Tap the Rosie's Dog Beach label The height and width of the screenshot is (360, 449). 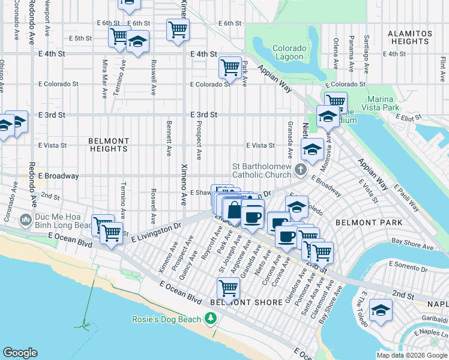tap(166, 319)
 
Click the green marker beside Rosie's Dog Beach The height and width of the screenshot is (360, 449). tap(210, 319)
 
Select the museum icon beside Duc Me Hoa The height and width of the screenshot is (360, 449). tap(25, 220)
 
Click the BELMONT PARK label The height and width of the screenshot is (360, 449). tap(360, 222)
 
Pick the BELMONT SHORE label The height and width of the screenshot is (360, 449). tap(246, 302)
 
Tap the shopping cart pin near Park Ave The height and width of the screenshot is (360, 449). tap(230, 68)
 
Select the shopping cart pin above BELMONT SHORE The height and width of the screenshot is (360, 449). tap(228, 289)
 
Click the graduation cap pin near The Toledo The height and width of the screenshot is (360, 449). tap(380, 311)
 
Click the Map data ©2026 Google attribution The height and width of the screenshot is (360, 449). tap(412, 355)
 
